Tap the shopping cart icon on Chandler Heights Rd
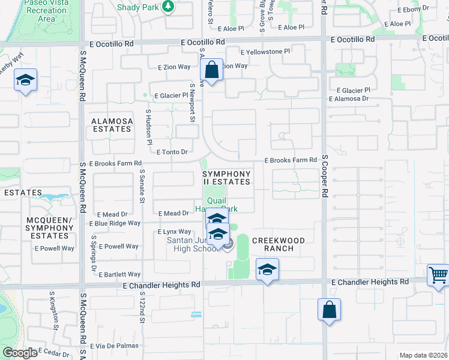point(438,275)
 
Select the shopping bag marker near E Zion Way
point(212,70)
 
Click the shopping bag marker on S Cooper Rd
point(329,310)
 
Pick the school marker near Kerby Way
point(26,80)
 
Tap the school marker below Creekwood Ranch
point(267,270)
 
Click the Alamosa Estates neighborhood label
point(112,125)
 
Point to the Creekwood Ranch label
point(279,244)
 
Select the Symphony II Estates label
point(226,178)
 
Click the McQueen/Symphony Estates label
point(49,228)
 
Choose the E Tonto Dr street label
point(172,152)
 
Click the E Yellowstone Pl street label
point(265,52)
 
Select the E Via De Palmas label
point(115,346)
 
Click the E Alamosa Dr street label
point(348,99)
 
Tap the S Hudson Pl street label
point(149,127)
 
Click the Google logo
point(20,353)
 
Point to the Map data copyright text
point(423,355)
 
